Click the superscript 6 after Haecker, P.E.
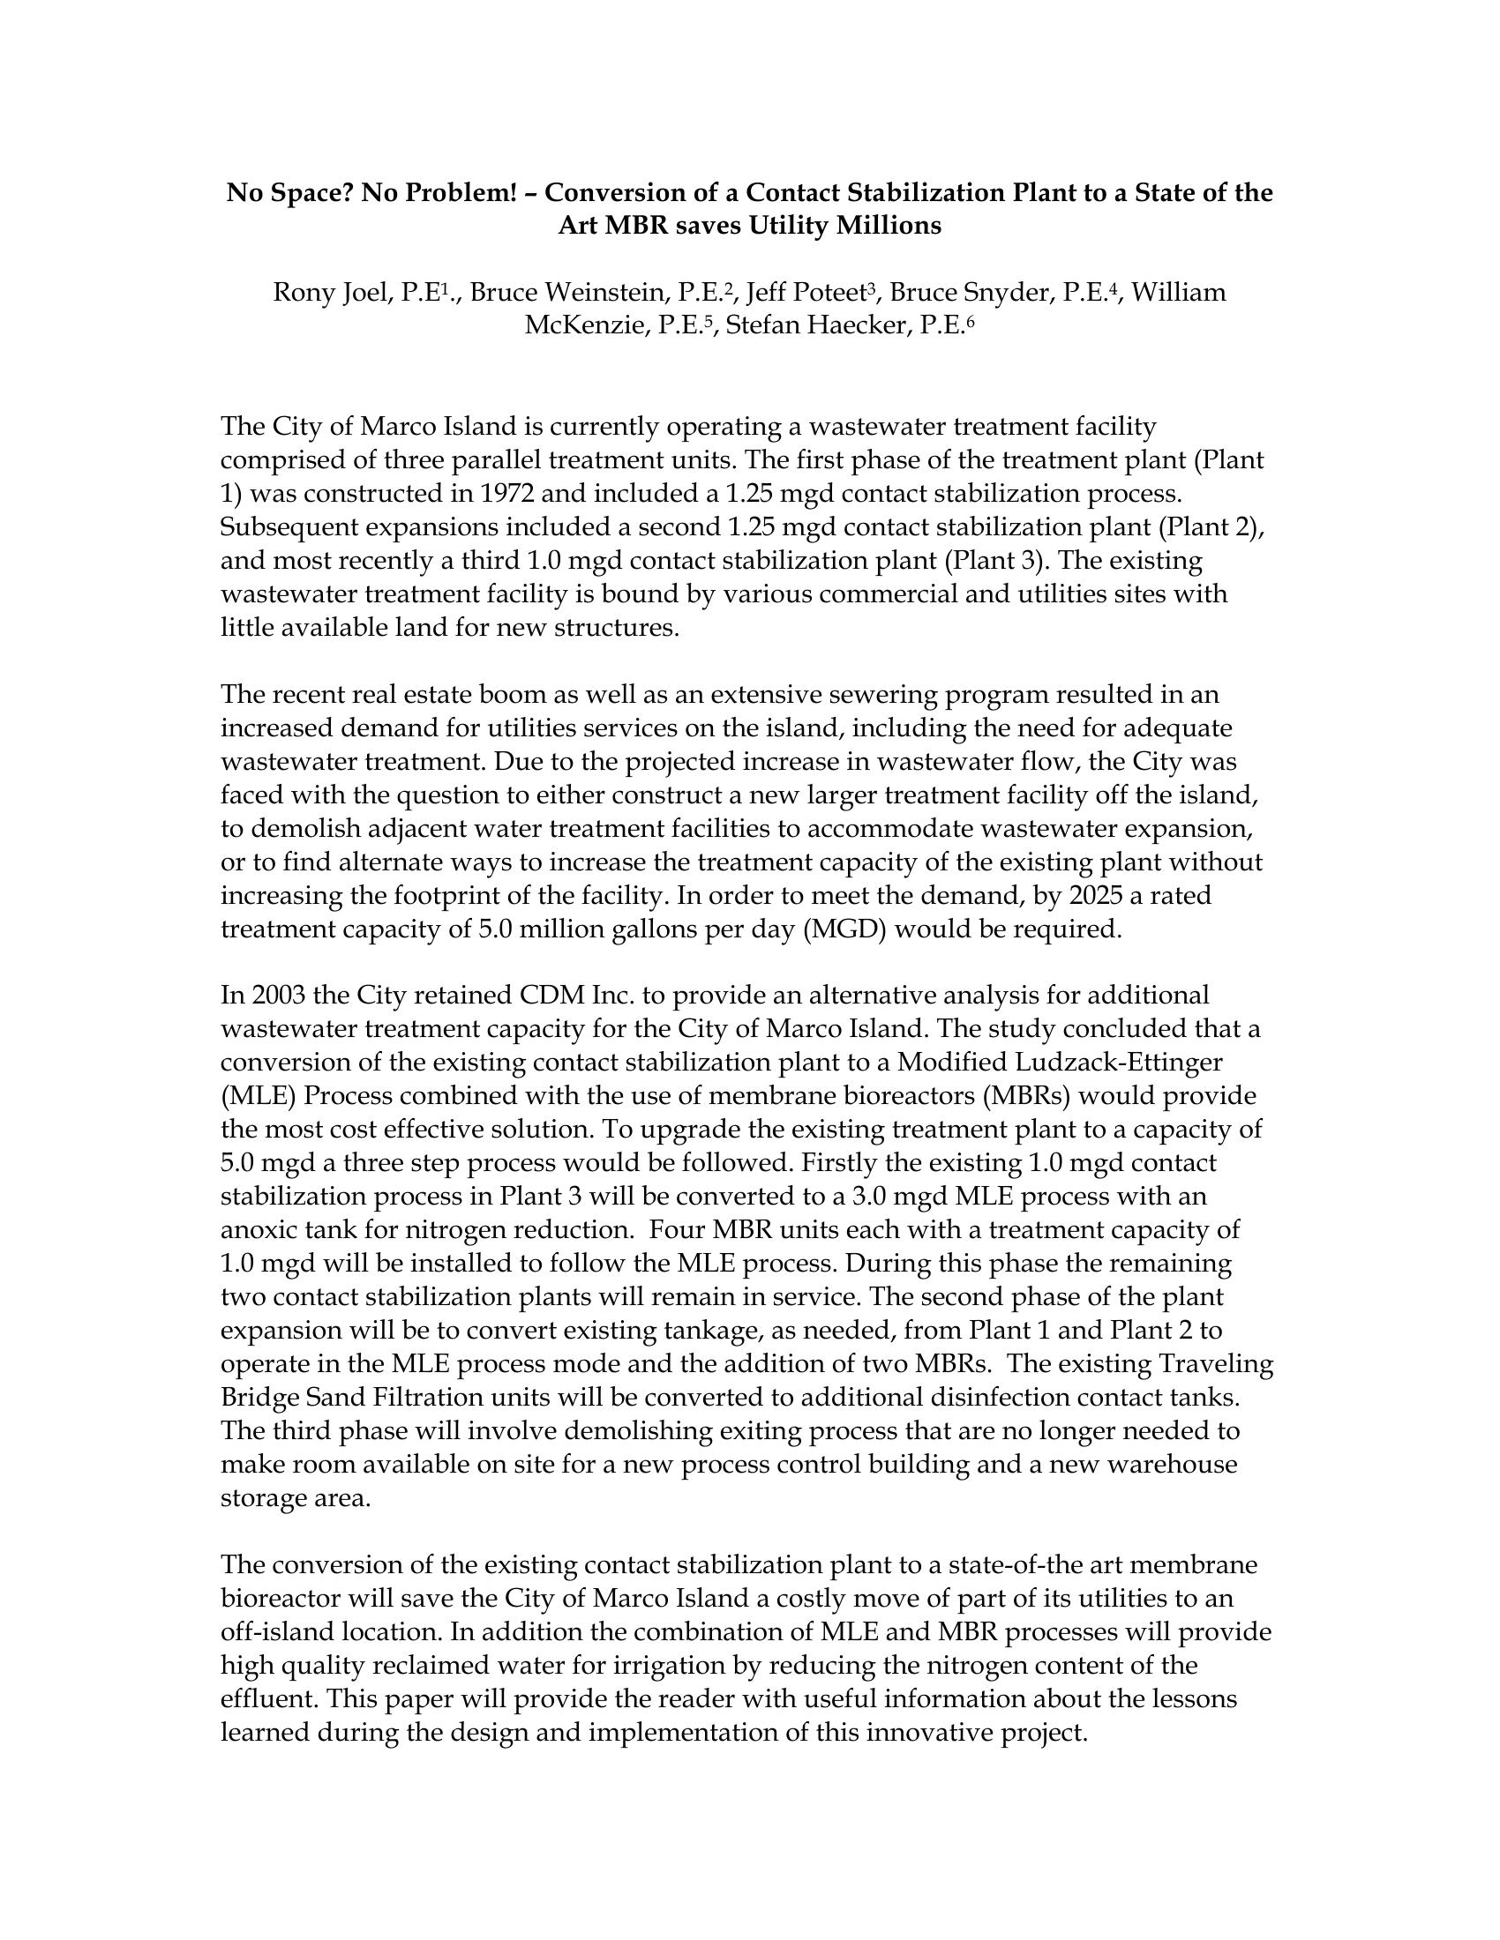point(971,322)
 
